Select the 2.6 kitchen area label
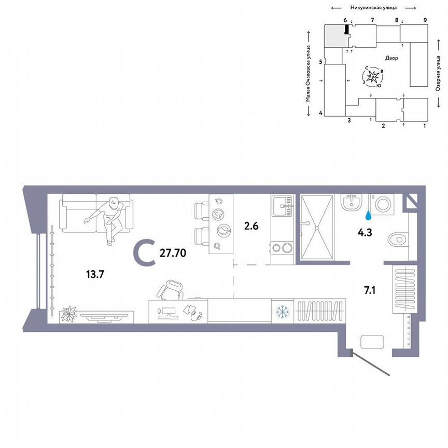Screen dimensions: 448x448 [x=251, y=226]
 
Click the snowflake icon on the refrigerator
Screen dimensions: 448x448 [x=283, y=312]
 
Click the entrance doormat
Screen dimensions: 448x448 [x=372, y=342]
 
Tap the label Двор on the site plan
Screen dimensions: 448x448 [x=391, y=58]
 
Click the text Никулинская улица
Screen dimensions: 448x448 [x=373, y=8]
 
